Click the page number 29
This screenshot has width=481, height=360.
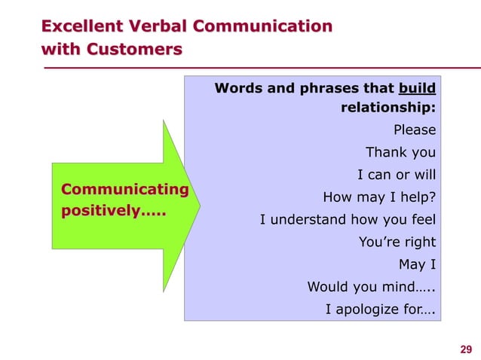[465, 348]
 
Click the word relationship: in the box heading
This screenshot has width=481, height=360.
[388, 108]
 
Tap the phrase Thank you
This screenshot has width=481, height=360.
[400, 153]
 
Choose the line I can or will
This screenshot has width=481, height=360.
[396, 175]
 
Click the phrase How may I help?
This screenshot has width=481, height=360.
[379, 198]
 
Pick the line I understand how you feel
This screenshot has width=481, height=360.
[348, 221]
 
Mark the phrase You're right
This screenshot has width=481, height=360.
[397, 243]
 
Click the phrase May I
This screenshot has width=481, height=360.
[417, 265]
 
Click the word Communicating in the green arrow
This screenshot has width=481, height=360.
[125, 188]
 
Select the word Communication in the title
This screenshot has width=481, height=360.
[263, 27]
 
